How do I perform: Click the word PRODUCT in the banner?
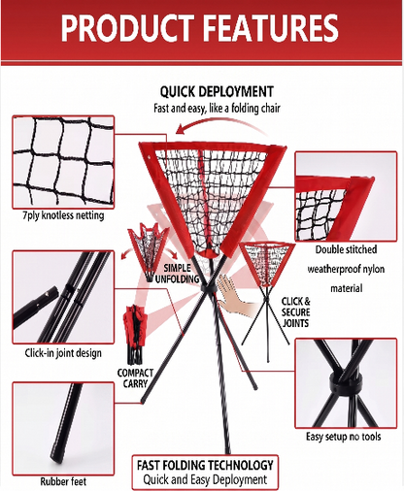tap(128, 27)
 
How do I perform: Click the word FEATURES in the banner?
tap(271, 27)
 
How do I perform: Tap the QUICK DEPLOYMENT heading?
tap(217, 92)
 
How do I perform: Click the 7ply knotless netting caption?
tap(63, 215)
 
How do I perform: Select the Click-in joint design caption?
tap(63, 353)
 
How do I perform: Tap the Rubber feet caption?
tap(63, 481)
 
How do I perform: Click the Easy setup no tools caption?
tap(344, 437)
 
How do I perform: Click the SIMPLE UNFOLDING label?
tap(177, 274)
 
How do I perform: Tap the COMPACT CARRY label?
tap(135, 378)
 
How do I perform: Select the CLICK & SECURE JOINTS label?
tap(295, 312)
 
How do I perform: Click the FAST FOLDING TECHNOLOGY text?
tap(205, 465)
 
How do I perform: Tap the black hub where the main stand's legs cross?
tap(208, 288)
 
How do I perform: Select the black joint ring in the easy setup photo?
tap(345, 382)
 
